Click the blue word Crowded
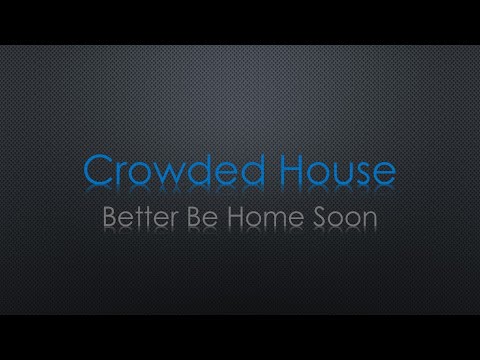tap(171, 171)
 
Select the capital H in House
tap(278, 171)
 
